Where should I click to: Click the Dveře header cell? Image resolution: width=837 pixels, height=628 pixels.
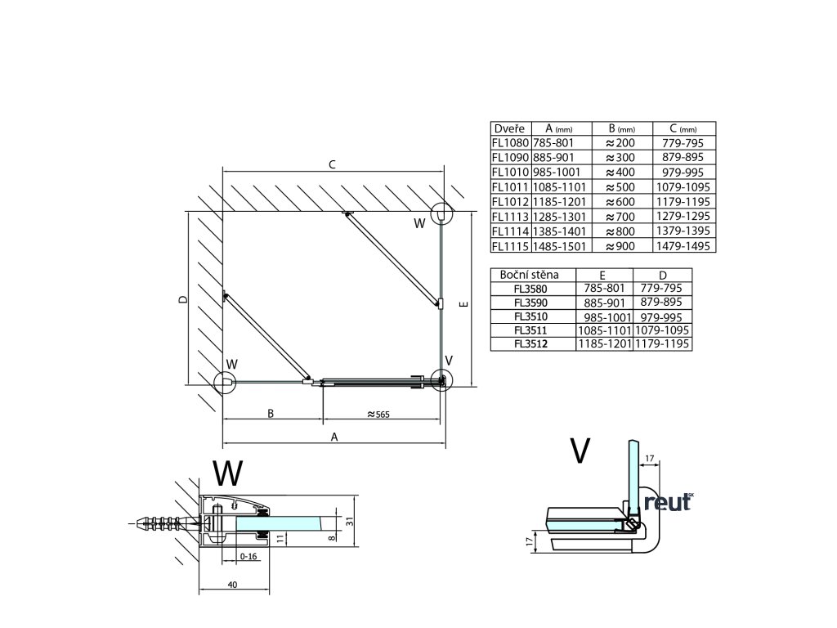pos(510,128)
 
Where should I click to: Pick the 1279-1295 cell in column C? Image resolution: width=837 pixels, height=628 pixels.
pos(684,216)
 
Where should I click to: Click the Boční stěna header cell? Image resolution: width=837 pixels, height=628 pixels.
pos(532,274)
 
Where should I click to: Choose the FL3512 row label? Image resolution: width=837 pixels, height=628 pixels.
pos(532,343)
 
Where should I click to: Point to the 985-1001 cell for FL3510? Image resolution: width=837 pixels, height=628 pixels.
pos(606,316)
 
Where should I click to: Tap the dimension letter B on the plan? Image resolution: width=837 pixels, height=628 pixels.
pos(271,413)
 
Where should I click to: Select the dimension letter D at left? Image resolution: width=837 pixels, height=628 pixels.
pos(183,300)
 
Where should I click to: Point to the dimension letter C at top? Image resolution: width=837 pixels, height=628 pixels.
pos(332,164)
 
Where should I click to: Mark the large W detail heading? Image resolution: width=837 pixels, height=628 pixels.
pos(226,473)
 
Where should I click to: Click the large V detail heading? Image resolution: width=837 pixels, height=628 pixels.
pos(580,450)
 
